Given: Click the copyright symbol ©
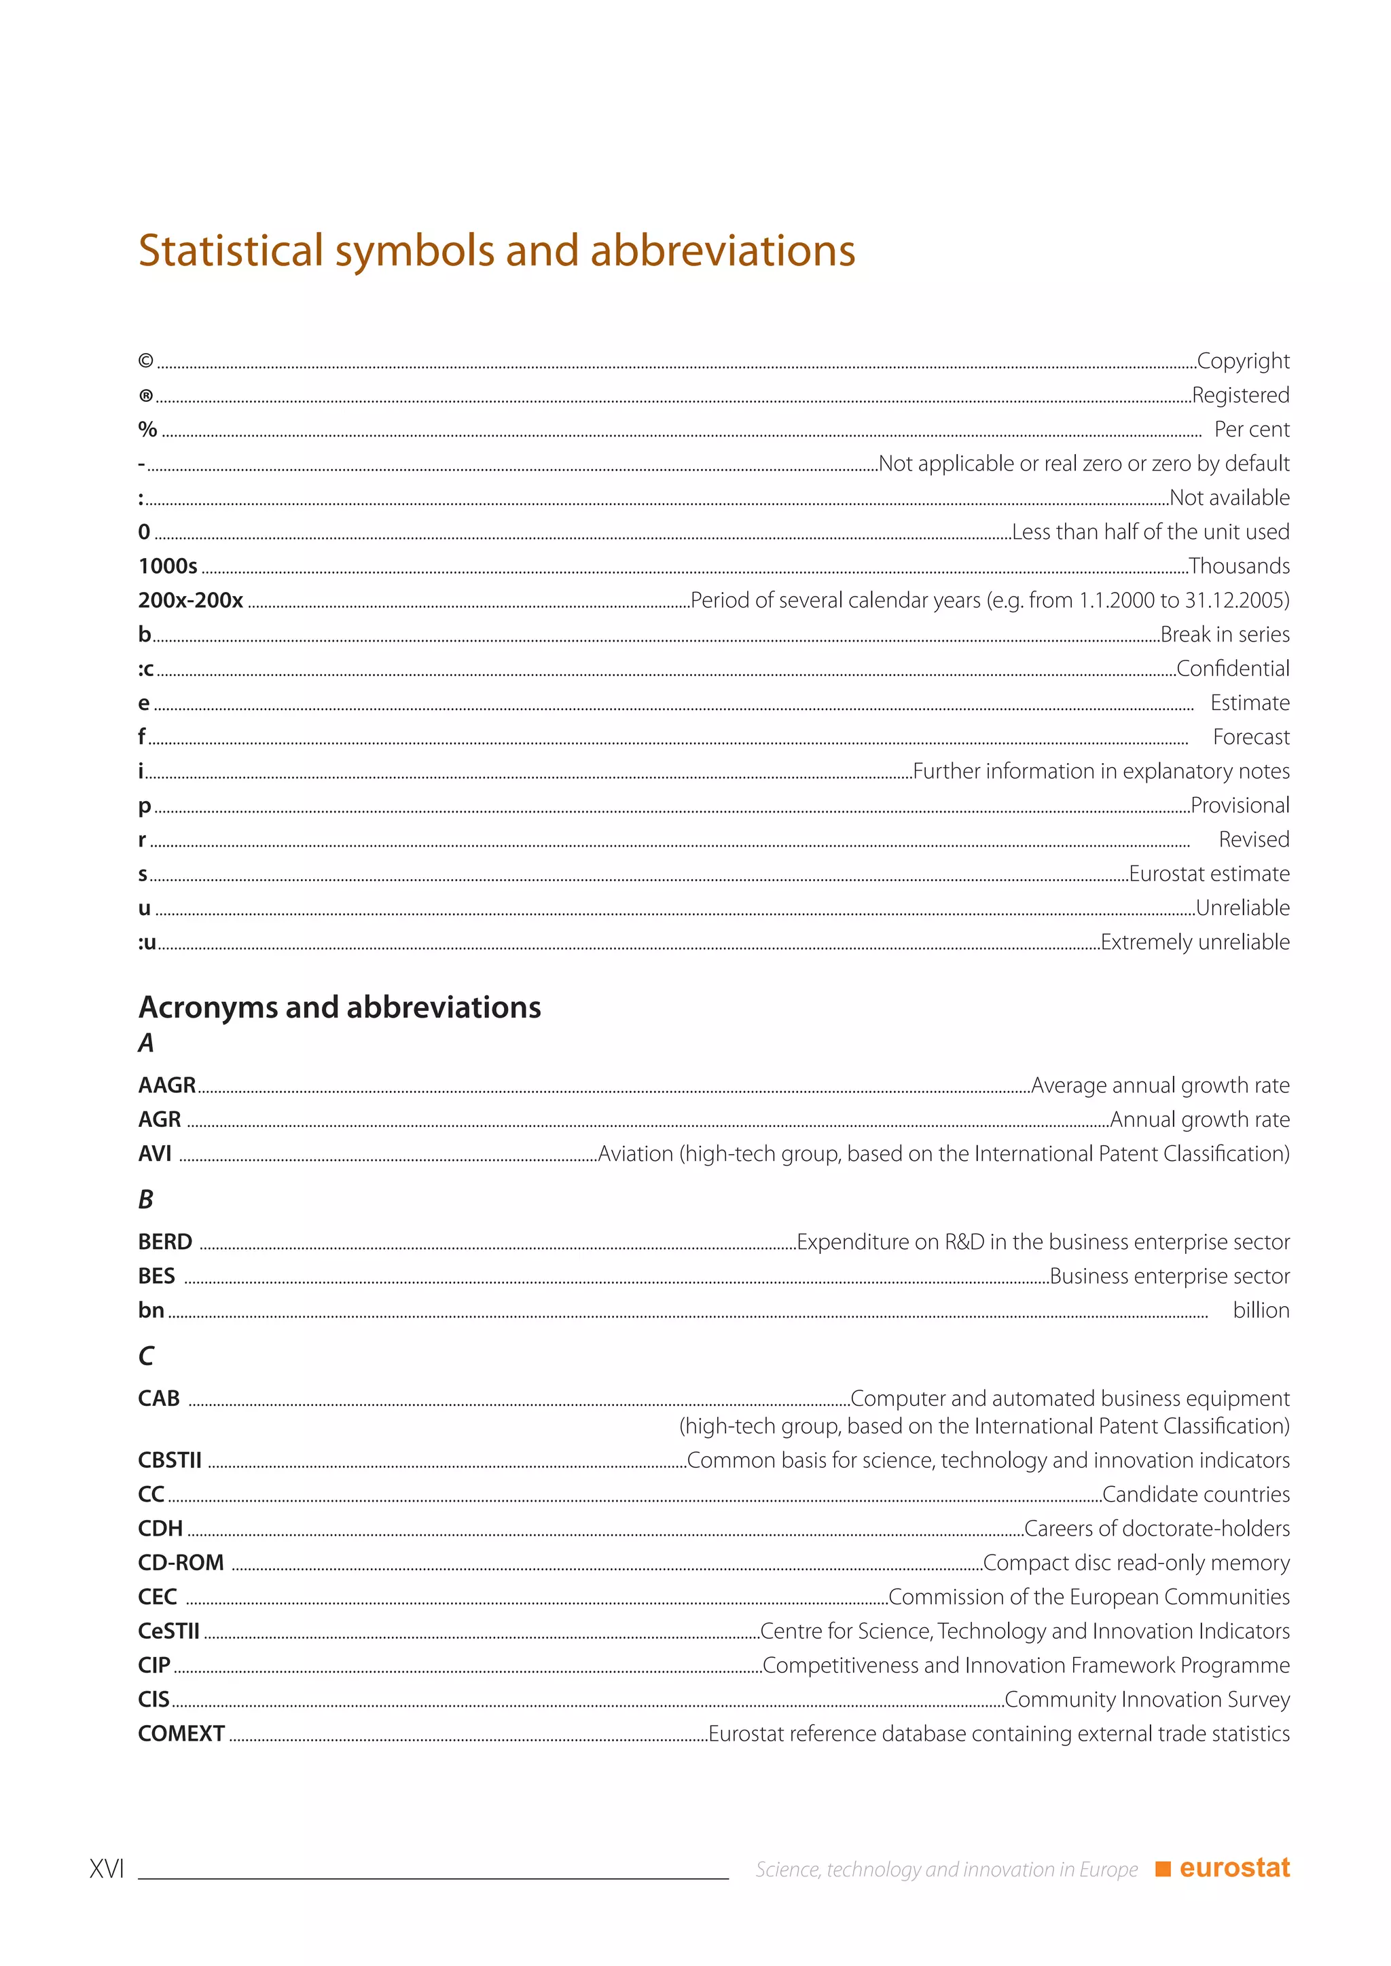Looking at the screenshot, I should click(x=145, y=361).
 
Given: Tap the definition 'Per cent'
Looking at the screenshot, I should click(x=1251, y=429).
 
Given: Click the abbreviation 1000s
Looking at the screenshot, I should click(x=168, y=566).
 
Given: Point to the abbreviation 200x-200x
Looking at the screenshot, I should click(x=190, y=600).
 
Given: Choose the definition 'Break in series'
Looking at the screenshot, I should click(x=1225, y=635).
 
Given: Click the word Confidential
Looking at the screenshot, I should click(x=1233, y=669).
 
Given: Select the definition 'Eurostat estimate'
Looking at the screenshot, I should click(x=1208, y=874).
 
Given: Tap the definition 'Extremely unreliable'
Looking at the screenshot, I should click(x=1195, y=942).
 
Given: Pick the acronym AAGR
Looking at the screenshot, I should click(x=167, y=1085).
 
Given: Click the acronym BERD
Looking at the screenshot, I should click(x=165, y=1242).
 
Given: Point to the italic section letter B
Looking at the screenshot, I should click(x=145, y=1200).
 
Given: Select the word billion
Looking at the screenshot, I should click(x=1261, y=1310).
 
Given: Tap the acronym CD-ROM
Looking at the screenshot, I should click(x=181, y=1563).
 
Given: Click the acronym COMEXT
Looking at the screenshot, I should click(x=181, y=1733).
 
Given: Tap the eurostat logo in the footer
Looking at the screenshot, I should click(x=1223, y=1868).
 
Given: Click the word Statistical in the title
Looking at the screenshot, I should click(x=230, y=251).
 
